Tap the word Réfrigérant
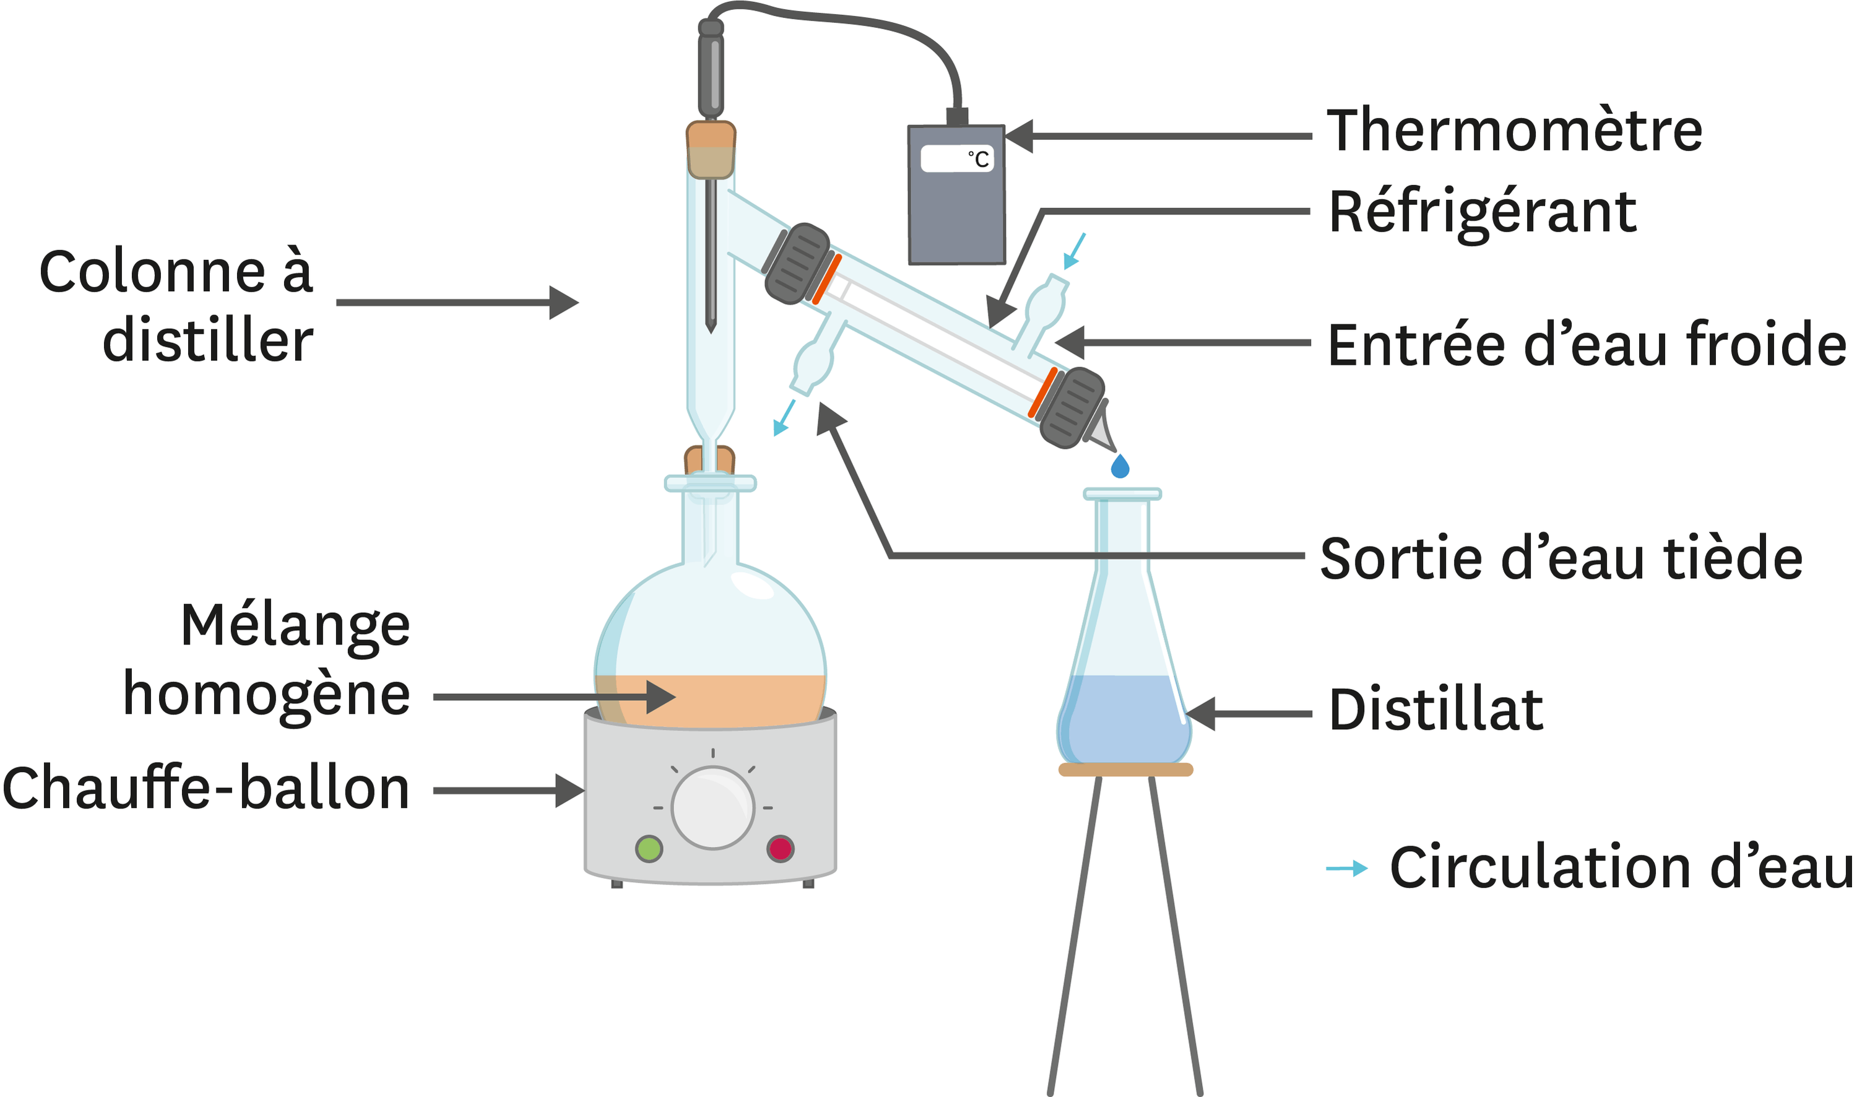coord(1483,212)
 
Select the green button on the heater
coord(649,848)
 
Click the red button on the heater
coord(781,848)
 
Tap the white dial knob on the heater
coord(712,808)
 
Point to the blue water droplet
coord(1120,466)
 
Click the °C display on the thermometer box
coord(957,159)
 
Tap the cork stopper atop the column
coord(710,150)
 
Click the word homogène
coord(266,695)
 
